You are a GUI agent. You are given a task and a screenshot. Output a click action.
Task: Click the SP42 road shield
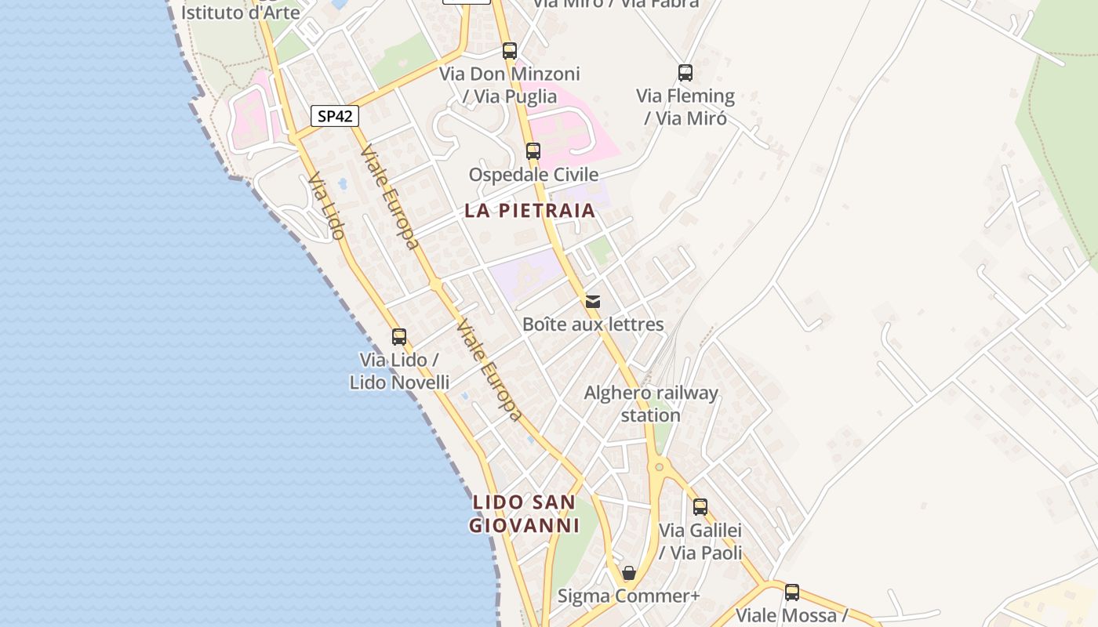pyautogui.click(x=335, y=116)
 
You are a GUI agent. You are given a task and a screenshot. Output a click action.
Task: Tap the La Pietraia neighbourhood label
pyautogui.click(x=529, y=211)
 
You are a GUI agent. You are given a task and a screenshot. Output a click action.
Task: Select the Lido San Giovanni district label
pyautogui.click(x=524, y=513)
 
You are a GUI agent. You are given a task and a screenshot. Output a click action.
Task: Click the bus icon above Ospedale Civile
pyautogui.click(x=533, y=150)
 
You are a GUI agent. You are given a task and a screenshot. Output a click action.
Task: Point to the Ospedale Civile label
pyautogui.click(x=533, y=174)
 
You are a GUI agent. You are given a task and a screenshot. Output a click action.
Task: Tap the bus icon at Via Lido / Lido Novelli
pyautogui.click(x=399, y=337)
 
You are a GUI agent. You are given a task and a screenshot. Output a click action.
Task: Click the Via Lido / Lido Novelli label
pyautogui.click(x=399, y=371)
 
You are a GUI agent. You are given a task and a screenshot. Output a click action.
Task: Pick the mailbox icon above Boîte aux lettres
pyautogui.click(x=593, y=301)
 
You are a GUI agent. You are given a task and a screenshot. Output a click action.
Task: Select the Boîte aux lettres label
pyautogui.click(x=593, y=324)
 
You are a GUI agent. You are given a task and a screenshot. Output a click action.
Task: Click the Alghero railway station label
pyautogui.click(x=651, y=404)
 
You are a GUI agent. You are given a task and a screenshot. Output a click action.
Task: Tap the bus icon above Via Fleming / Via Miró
pyautogui.click(x=685, y=73)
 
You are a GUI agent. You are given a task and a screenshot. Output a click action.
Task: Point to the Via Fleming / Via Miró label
pyautogui.click(x=685, y=107)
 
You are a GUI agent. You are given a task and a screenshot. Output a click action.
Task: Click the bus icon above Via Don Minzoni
pyautogui.click(x=510, y=51)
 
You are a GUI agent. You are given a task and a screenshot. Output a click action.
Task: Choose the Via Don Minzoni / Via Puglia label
pyautogui.click(x=510, y=85)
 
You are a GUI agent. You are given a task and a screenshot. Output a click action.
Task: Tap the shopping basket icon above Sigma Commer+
pyautogui.click(x=628, y=573)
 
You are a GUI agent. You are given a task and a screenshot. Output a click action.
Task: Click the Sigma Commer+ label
pyautogui.click(x=628, y=596)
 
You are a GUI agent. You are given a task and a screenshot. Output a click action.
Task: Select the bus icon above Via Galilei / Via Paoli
pyautogui.click(x=700, y=507)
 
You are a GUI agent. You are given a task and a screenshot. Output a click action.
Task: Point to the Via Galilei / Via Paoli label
pyautogui.click(x=700, y=541)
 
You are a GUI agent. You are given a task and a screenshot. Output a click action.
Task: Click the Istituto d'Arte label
pyautogui.click(x=241, y=12)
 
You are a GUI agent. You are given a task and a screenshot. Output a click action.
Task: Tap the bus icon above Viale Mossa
pyautogui.click(x=792, y=592)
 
